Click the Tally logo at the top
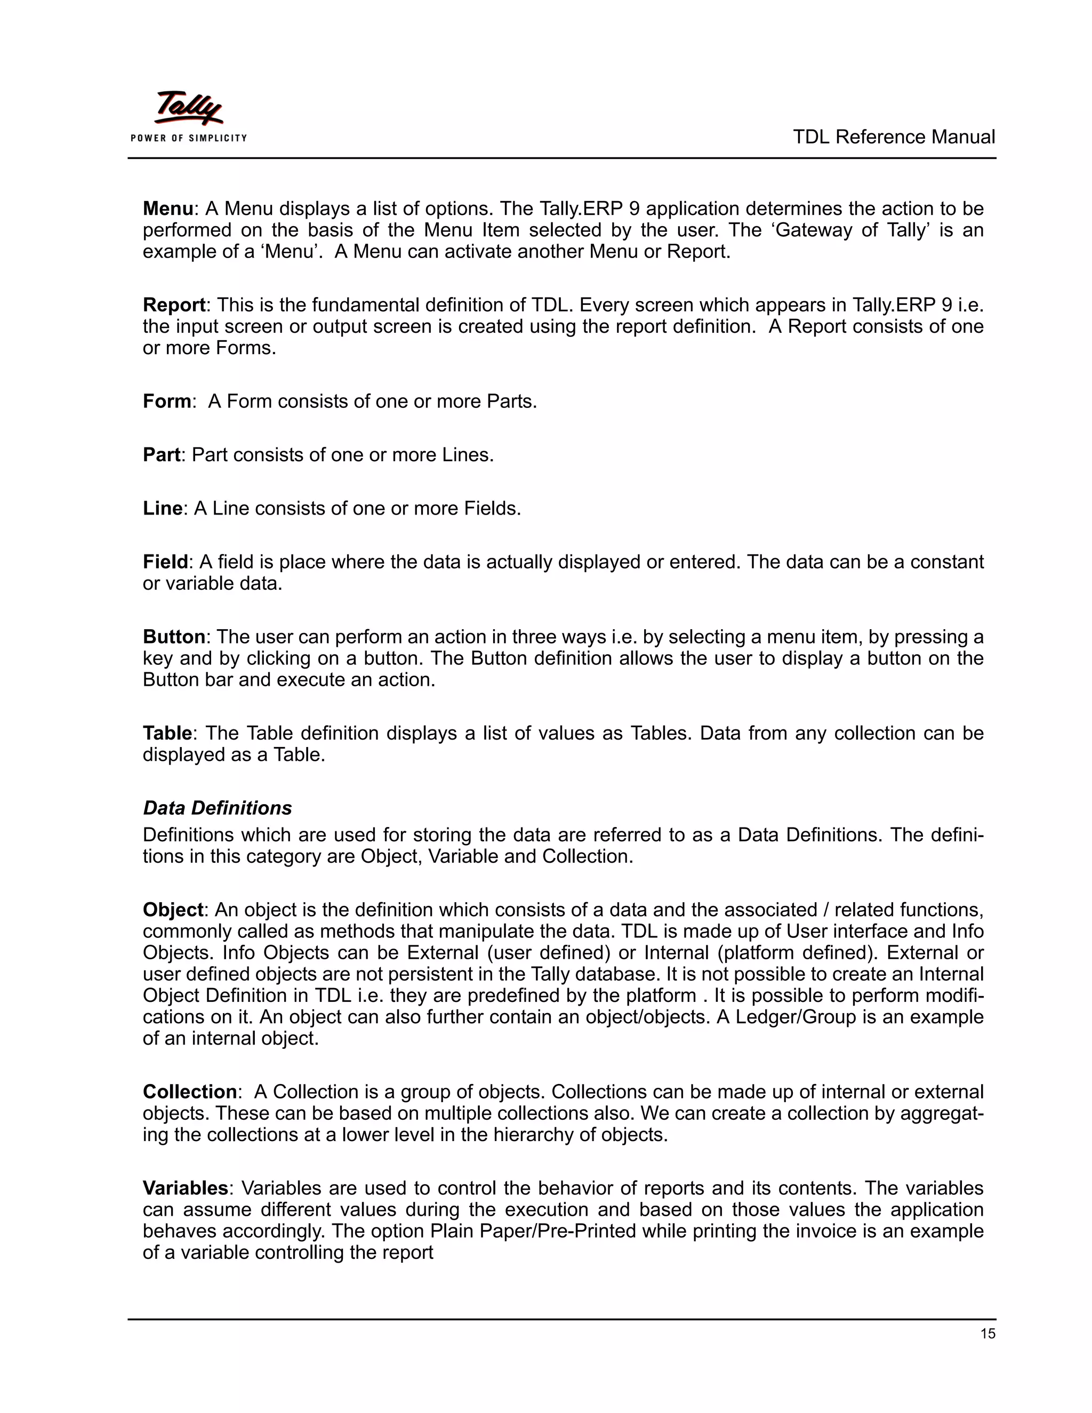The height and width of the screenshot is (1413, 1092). click(x=188, y=108)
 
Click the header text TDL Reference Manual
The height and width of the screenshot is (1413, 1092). click(x=894, y=137)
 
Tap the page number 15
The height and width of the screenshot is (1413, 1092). click(x=987, y=1334)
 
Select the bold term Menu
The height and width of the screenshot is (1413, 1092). click(x=167, y=209)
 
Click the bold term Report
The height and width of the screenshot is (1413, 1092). click(x=173, y=304)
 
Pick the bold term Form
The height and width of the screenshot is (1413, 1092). click(x=166, y=401)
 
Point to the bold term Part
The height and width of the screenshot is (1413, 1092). click(x=160, y=455)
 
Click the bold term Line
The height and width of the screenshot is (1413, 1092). click(x=162, y=509)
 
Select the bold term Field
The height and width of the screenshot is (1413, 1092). click(x=165, y=561)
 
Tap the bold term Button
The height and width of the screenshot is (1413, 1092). click(x=173, y=637)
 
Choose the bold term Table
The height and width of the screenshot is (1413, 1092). click(x=167, y=733)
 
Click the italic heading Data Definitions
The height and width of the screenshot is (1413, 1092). click(x=218, y=808)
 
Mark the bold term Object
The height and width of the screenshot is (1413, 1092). click(x=173, y=910)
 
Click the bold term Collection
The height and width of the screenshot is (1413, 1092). click(x=189, y=1091)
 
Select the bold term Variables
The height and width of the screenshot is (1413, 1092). click(x=185, y=1188)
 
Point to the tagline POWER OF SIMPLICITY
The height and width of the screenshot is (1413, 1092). click(x=188, y=138)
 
